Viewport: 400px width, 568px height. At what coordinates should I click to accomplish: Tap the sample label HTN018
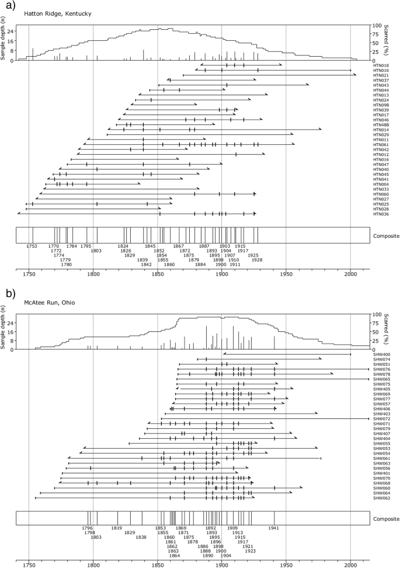pos(381,65)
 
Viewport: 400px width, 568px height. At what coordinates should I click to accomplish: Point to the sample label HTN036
pos(381,214)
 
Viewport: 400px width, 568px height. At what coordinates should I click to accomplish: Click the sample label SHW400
pos(381,354)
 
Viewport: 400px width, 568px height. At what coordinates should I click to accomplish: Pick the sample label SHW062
pos(381,498)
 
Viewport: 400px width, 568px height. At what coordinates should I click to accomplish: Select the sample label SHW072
pos(381,418)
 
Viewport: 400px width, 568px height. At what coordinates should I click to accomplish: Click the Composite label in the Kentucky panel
pos(386,235)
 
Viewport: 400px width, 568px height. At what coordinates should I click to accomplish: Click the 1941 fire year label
pos(274,528)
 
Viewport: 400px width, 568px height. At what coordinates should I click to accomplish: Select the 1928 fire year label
pos(256,260)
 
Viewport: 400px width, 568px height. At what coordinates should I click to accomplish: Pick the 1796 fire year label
pos(88,528)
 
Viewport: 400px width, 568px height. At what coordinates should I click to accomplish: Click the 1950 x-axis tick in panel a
pos(286,273)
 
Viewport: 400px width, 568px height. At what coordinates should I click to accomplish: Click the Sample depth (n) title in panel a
pos(4,43)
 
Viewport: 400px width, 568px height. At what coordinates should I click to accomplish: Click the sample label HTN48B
pos(381,124)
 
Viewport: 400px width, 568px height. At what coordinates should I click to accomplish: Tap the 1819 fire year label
pos(117,528)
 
